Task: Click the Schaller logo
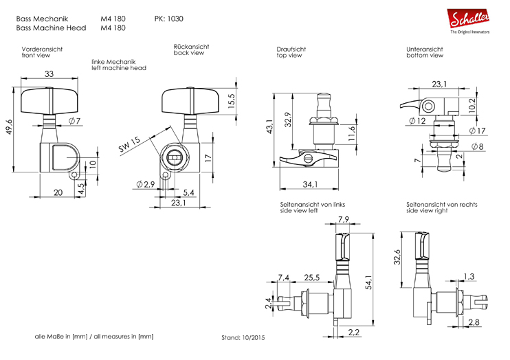pos(468,21)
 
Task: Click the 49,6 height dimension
pos(9,126)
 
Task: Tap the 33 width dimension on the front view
pos(49,74)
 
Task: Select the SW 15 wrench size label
pos(129,144)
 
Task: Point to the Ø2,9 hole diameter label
pos(146,184)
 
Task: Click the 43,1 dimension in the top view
pos(269,126)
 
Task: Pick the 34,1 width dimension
pos(310,184)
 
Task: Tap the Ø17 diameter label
pos(477,131)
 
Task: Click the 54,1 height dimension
pos(369,282)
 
